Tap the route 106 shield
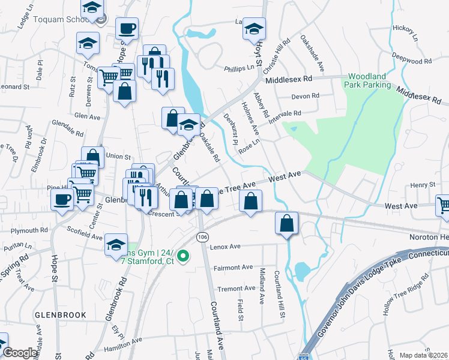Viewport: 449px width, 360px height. (x=203, y=238)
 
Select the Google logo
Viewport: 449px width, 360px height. (x=20, y=353)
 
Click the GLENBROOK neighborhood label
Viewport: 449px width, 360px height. (x=61, y=314)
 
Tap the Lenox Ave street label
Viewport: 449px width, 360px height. (x=226, y=246)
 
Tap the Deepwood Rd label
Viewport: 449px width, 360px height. (x=412, y=61)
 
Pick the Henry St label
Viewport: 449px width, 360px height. (x=423, y=184)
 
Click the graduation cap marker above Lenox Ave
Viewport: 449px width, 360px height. (x=116, y=245)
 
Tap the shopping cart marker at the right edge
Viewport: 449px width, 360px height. (x=443, y=205)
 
